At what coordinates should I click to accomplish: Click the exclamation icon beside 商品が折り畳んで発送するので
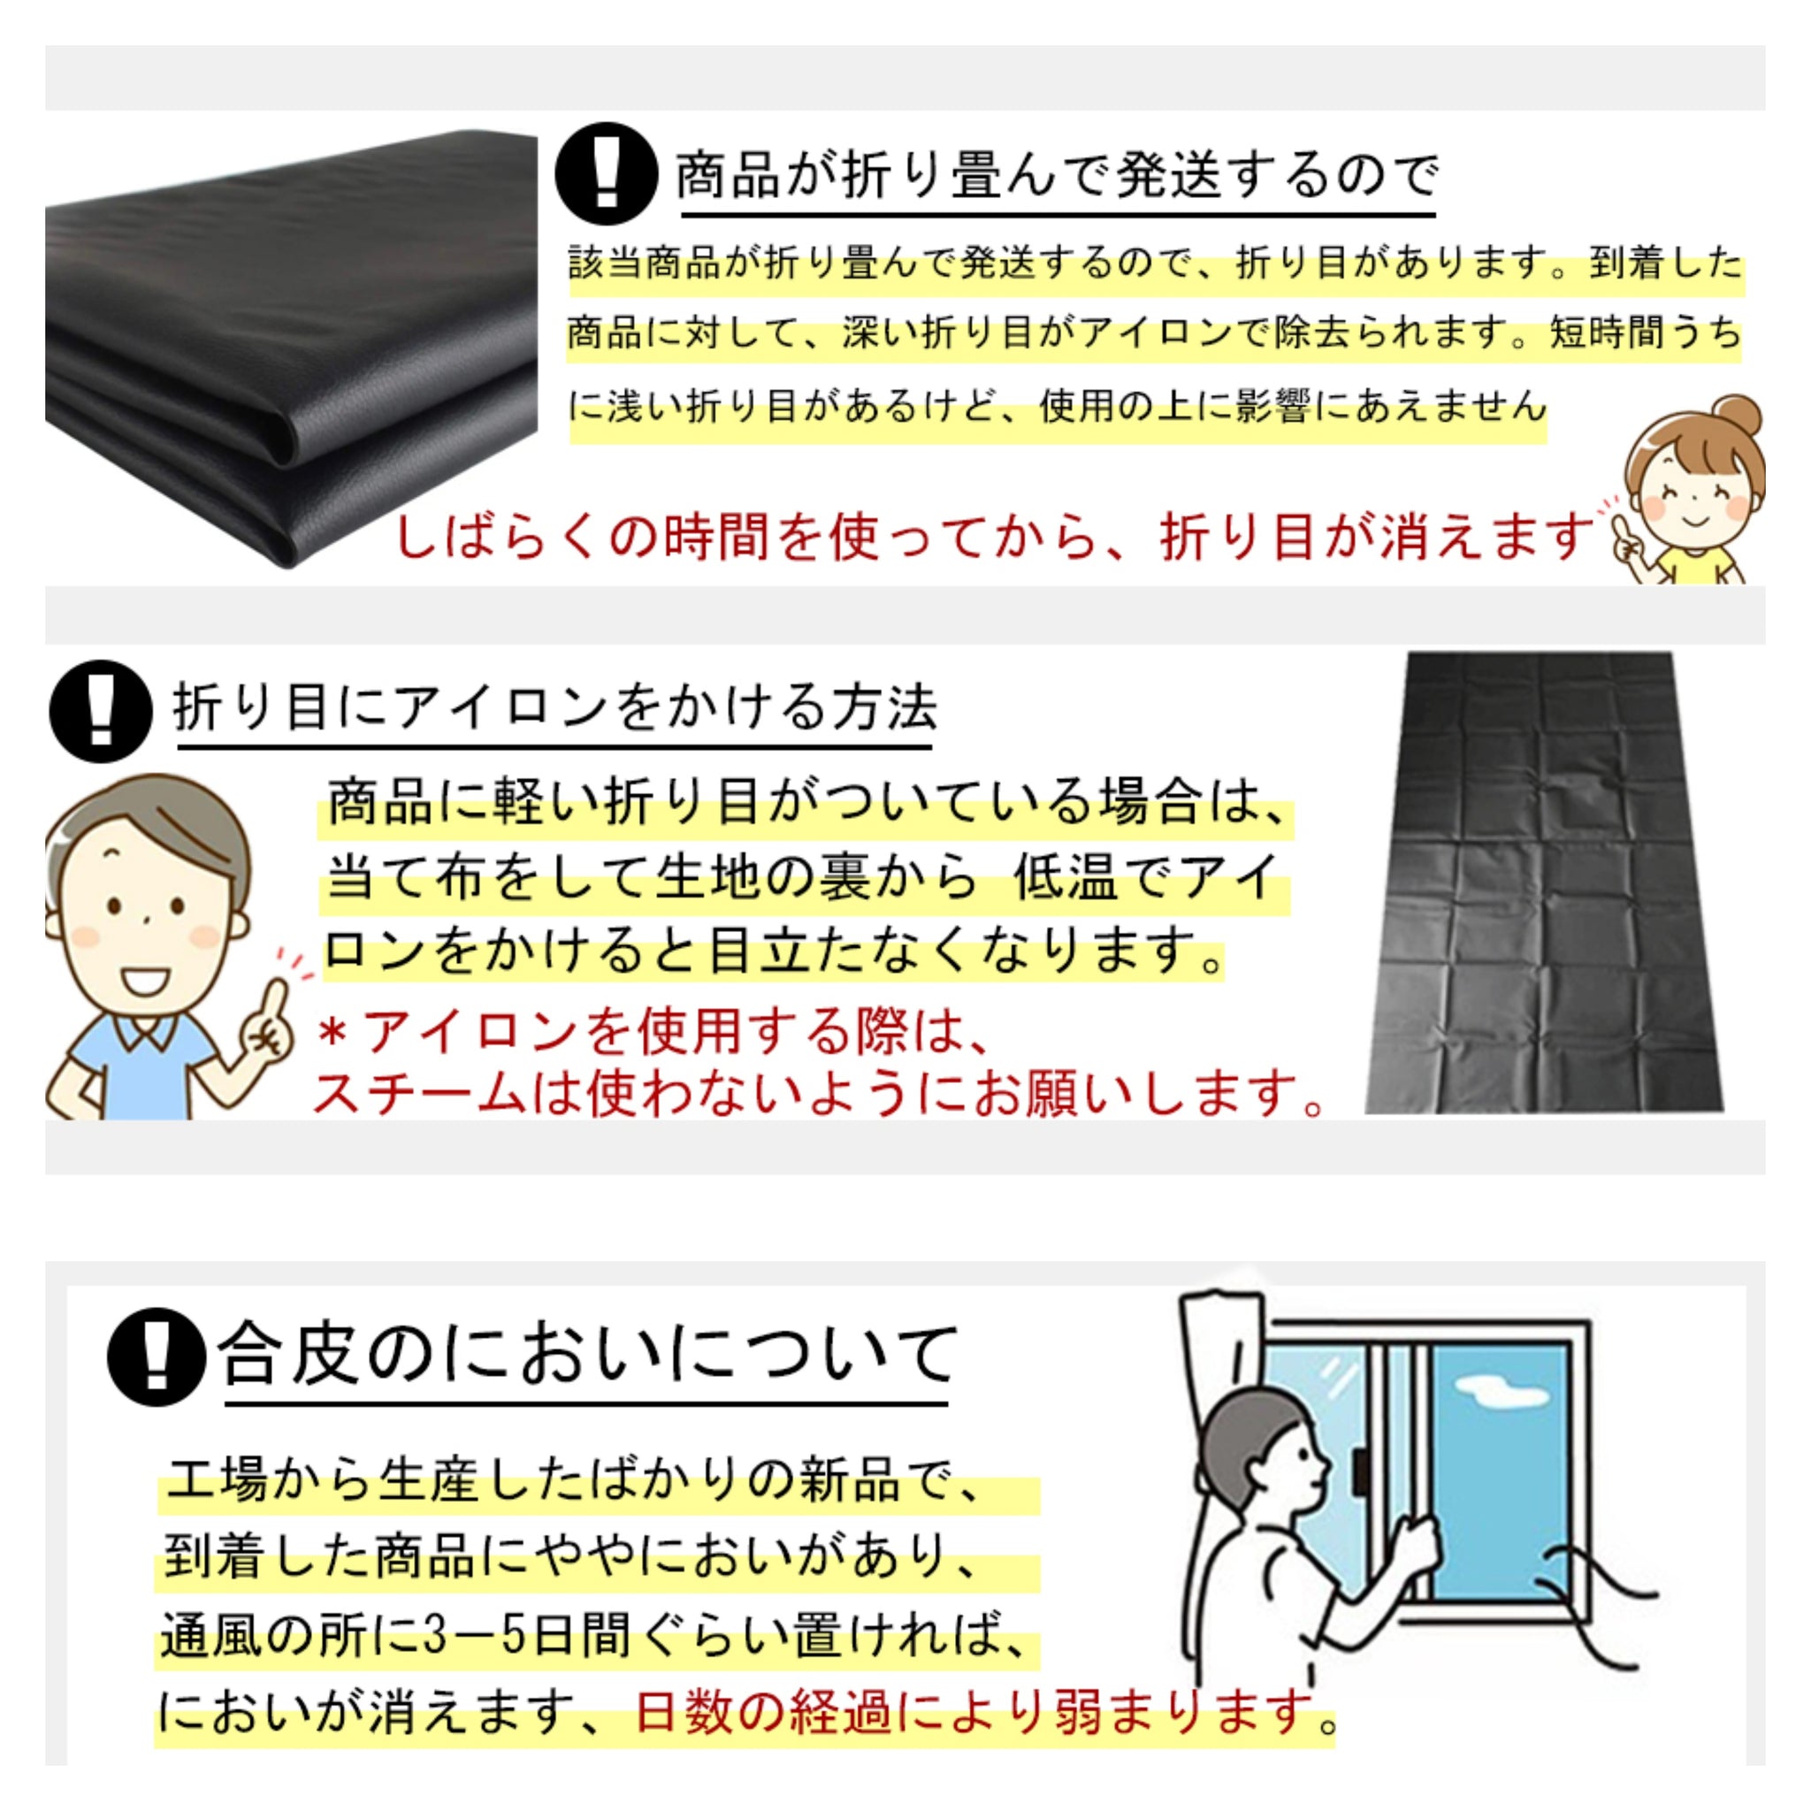click(x=606, y=173)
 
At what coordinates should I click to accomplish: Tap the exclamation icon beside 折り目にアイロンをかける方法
click(x=100, y=711)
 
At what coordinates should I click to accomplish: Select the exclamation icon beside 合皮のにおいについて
click(x=157, y=1356)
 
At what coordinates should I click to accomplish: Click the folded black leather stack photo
click(x=291, y=348)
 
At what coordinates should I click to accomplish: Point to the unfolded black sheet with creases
click(x=1543, y=882)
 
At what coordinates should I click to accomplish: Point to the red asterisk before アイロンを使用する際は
click(x=332, y=1032)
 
